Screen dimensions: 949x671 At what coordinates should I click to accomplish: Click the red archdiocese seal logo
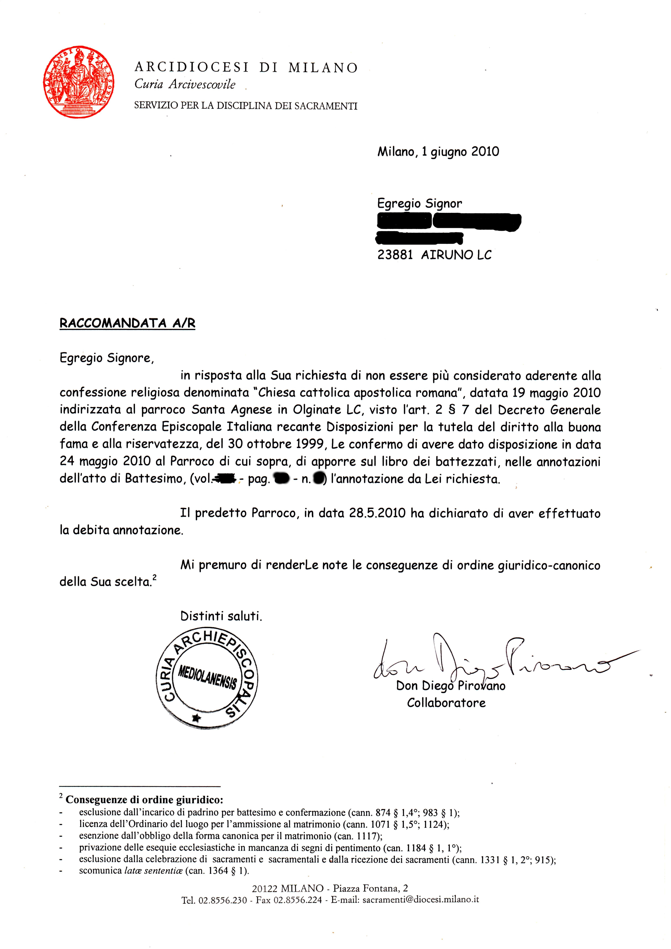tap(79, 82)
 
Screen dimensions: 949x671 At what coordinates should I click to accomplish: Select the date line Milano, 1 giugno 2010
tap(438, 152)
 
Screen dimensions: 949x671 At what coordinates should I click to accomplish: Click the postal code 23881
tap(395, 255)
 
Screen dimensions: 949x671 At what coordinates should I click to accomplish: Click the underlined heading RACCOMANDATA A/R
tap(127, 323)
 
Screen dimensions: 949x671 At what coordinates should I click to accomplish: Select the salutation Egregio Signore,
tap(107, 358)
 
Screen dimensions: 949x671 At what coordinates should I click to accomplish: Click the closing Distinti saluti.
tap(221, 616)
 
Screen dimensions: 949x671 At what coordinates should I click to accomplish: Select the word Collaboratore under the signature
tap(446, 703)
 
